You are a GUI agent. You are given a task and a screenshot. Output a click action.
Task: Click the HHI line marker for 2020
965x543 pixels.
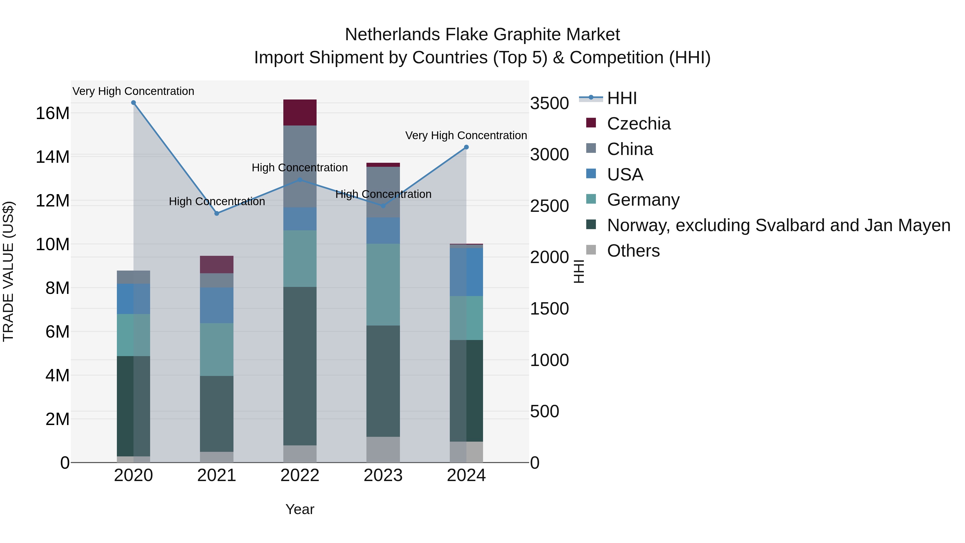pos(133,103)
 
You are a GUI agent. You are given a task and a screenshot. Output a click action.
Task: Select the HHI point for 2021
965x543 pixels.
pos(217,213)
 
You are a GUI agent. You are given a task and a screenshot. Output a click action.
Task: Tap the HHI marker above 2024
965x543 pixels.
pos(466,147)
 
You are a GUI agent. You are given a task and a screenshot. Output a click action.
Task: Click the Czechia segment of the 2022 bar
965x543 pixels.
pos(300,112)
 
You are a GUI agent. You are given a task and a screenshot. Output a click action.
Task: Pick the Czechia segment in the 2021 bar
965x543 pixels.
pos(217,265)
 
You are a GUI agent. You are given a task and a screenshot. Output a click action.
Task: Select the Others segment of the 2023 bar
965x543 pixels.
pos(383,449)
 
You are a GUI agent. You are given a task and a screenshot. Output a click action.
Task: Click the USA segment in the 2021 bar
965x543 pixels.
pos(217,305)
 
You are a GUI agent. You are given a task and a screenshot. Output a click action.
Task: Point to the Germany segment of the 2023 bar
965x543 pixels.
pos(383,285)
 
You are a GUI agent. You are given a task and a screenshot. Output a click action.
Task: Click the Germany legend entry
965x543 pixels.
pos(643,200)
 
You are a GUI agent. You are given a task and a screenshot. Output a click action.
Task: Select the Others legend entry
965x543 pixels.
pos(633,251)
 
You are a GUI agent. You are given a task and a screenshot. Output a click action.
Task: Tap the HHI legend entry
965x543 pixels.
pos(622,98)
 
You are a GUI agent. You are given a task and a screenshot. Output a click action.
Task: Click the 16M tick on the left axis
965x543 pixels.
pos(53,113)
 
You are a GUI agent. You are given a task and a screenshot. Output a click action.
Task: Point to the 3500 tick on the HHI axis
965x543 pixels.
pos(549,104)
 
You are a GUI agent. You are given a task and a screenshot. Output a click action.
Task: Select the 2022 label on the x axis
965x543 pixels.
pos(300,475)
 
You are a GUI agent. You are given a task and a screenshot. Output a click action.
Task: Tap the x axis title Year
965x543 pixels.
pos(300,509)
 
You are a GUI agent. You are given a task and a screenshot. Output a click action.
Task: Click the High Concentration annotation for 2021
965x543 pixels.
pos(217,202)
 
